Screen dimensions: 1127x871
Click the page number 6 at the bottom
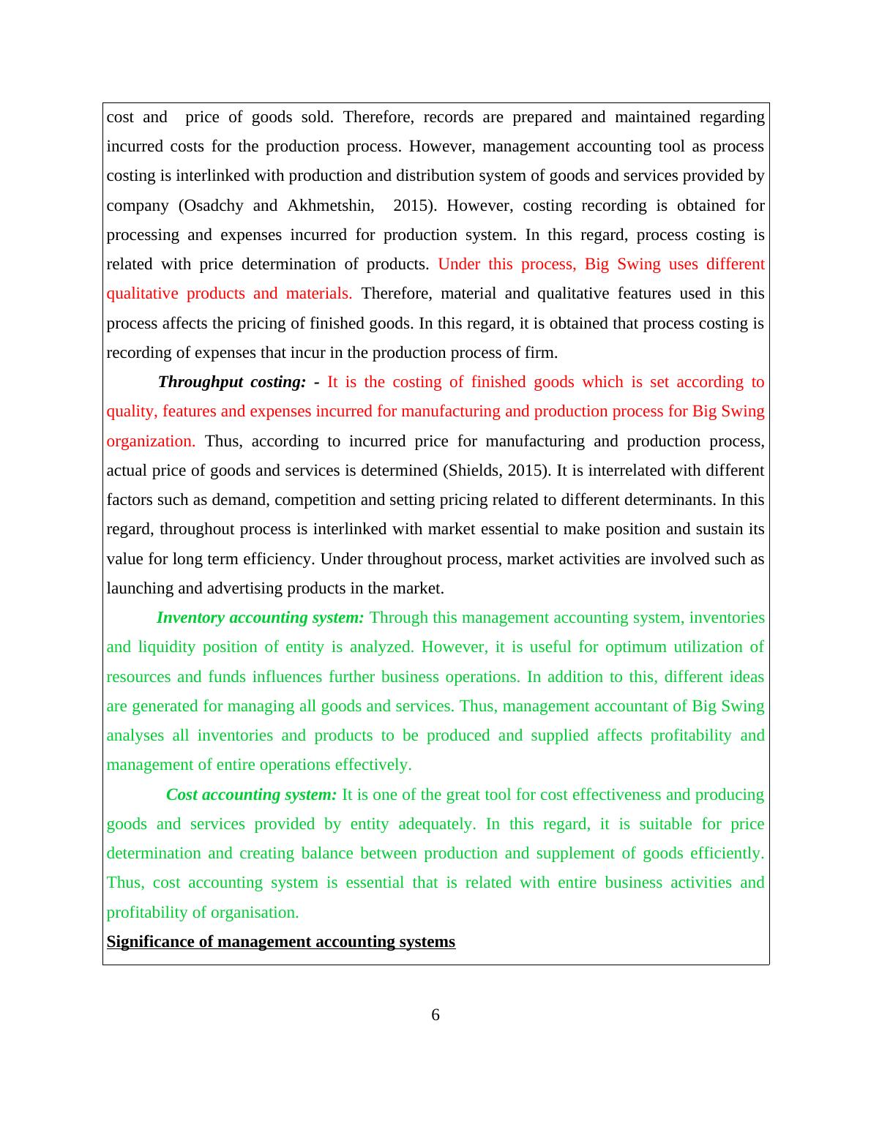pos(435,1015)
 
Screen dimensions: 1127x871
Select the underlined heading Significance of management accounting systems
pos(281,942)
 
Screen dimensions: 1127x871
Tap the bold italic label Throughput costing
pos(231,382)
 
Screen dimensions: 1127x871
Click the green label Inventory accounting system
pos(260,618)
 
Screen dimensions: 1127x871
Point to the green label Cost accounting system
pos(251,795)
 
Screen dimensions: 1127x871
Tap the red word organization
pos(151,441)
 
